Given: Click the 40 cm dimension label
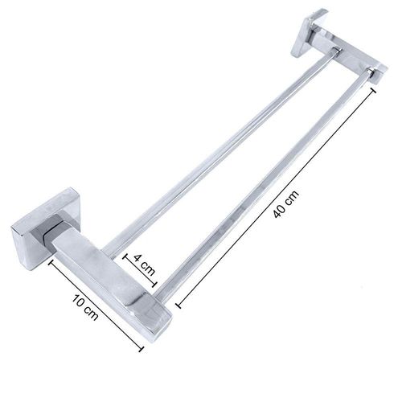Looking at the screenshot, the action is (x=286, y=204).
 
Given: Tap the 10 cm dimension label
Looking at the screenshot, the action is (x=85, y=308).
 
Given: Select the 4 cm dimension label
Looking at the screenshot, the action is (x=145, y=265).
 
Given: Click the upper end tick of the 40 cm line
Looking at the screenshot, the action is (x=373, y=90).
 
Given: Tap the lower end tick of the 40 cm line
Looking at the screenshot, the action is (x=178, y=305).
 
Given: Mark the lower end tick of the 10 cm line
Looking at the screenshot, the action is (x=141, y=349).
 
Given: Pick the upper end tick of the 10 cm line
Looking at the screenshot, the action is (x=50, y=263).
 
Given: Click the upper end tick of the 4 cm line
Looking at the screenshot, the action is (x=125, y=256).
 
